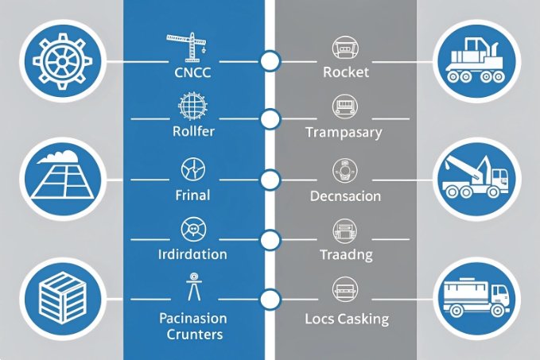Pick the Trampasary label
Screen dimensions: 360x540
pos(344,132)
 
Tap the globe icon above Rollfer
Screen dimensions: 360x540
pos(192,106)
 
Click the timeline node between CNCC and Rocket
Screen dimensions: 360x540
pos(270,60)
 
